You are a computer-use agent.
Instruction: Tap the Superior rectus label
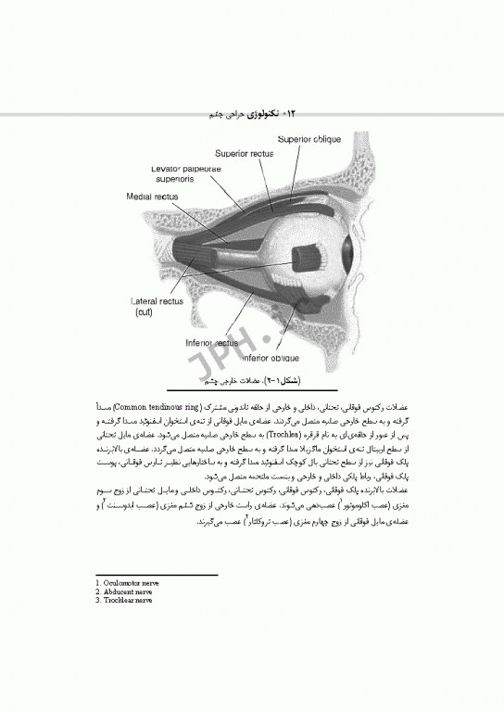coord(245,153)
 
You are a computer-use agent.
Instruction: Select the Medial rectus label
coord(151,197)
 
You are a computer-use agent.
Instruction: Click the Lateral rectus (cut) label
coord(157,307)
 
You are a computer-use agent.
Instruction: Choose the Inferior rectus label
coord(213,342)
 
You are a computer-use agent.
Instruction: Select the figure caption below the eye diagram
coord(263,381)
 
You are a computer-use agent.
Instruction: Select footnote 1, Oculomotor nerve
coord(128,583)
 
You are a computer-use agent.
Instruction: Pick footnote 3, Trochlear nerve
coord(125,600)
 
